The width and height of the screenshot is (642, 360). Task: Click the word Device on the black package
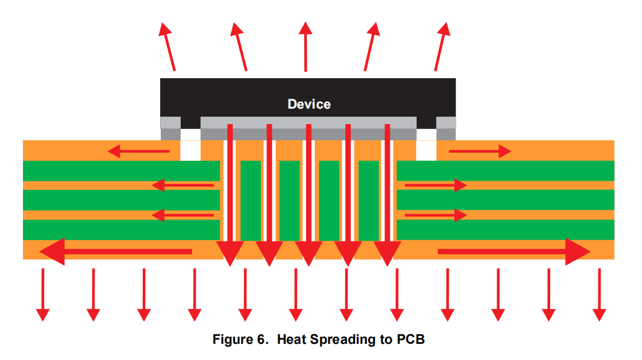click(309, 104)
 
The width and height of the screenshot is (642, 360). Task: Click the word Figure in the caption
click(235, 340)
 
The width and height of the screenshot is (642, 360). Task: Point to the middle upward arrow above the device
click(305, 47)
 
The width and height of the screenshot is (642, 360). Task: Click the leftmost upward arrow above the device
click(168, 47)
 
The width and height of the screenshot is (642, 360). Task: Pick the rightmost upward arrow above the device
click(441, 47)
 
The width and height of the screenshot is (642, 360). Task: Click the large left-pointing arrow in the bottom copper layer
click(115, 251)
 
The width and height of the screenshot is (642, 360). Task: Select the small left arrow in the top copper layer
click(138, 151)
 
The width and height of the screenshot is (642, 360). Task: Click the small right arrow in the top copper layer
click(480, 151)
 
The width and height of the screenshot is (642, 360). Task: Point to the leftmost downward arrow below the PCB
click(42, 294)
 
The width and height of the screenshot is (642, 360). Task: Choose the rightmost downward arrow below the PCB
click(599, 294)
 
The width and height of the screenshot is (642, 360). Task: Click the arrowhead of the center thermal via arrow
click(309, 252)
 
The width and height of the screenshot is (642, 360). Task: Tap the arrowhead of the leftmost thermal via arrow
click(229, 252)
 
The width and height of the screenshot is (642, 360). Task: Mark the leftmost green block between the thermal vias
click(250, 200)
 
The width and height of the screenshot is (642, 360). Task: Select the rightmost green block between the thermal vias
click(368, 200)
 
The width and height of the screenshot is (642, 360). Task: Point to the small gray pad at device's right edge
click(446, 128)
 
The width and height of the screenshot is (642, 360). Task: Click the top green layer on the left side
click(121, 171)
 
